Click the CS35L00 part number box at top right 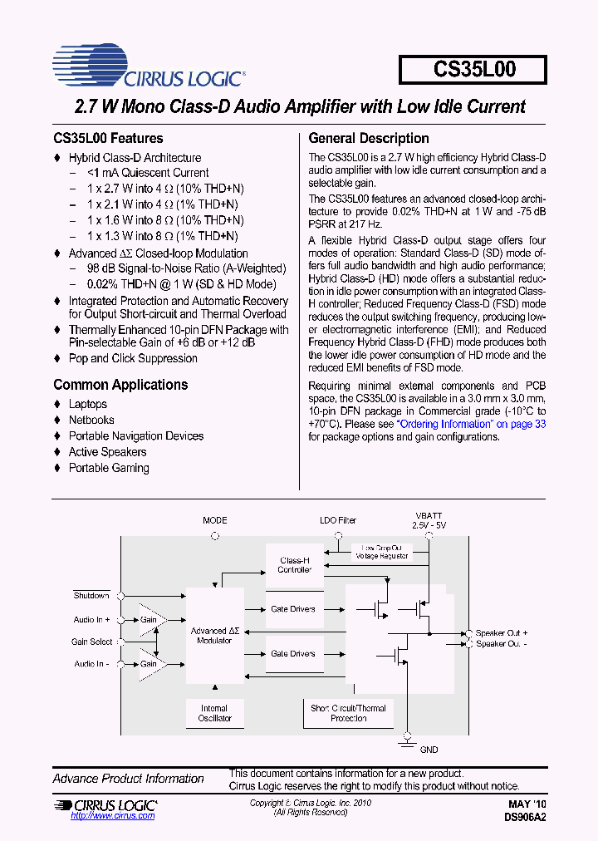click(473, 70)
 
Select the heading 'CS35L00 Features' click(108, 139)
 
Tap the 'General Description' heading click(369, 139)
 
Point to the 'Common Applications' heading click(120, 385)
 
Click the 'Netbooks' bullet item click(91, 420)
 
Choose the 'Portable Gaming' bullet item click(109, 468)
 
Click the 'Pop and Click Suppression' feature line click(133, 358)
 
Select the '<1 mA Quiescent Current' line click(148, 173)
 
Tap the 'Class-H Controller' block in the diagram click(294, 565)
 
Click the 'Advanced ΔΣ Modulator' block click(215, 636)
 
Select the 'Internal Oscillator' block click(214, 713)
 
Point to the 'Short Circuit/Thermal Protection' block click(348, 713)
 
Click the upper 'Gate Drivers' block click(293, 609)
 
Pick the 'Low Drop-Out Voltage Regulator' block click(383, 552)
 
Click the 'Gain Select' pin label click(91, 642)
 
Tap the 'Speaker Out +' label click(502, 633)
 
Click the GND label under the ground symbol click(429, 750)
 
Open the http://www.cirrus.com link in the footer click(113, 816)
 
